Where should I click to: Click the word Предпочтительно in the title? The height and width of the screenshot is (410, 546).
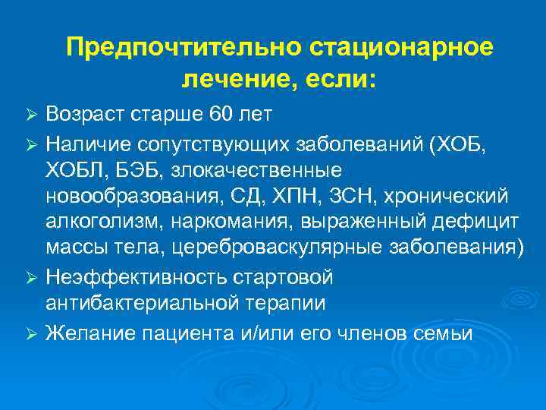(184, 48)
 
